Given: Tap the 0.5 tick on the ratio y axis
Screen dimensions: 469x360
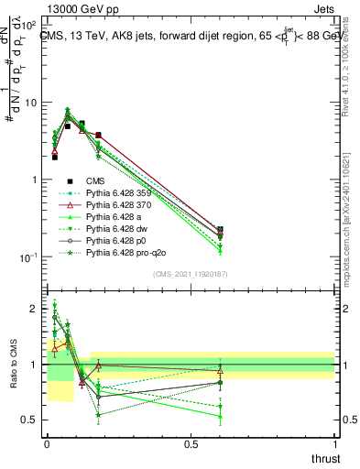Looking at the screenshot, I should pos(31,420).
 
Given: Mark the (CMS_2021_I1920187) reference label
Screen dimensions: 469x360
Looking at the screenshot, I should pos(191,273).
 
